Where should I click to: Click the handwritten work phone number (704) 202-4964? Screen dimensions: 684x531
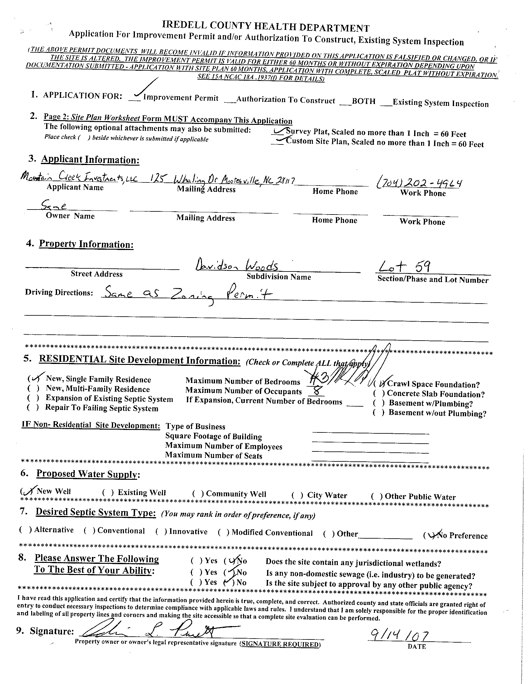[x=419, y=182]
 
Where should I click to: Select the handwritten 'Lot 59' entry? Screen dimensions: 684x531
[x=404, y=267]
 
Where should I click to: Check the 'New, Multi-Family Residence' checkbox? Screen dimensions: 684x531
[x=33, y=389]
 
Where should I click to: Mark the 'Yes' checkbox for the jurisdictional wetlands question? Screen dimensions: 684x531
[x=196, y=560]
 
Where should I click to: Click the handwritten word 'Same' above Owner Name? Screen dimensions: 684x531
[x=54, y=206]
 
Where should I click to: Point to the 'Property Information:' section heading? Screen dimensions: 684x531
[x=86, y=244]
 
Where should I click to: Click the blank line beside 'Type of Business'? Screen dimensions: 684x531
[x=370, y=432]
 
